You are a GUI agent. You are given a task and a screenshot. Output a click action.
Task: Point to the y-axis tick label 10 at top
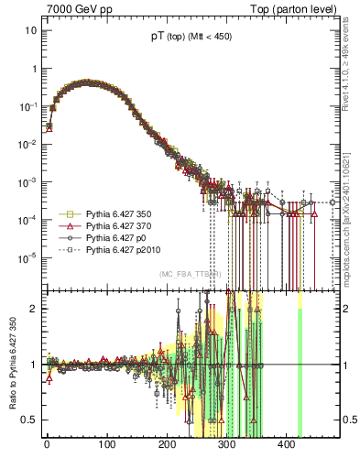pyautogui.click(x=30, y=30)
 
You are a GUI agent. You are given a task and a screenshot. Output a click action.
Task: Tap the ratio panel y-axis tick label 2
pyautogui.click(x=33, y=309)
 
